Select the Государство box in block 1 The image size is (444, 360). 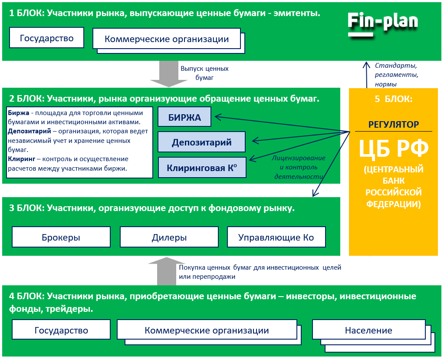click(x=46, y=38)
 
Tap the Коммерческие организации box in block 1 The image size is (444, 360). click(x=167, y=39)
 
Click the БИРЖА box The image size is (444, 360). click(x=184, y=117)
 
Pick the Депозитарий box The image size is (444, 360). click(x=201, y=142)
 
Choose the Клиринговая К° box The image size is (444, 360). click(x=201, y=167)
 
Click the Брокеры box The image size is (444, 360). click(x=61, y=237)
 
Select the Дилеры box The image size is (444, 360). click(x=169, y=237)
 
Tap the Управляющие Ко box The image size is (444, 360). click(x=276, y=237)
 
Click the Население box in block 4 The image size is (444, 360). click(x=368, y=330)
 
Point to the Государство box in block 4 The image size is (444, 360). click(x=61, y=330)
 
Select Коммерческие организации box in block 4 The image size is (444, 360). click(x=207, y=330)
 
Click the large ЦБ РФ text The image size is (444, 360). click(x=393, y=149)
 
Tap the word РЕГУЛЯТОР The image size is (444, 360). click(x=394, y=125)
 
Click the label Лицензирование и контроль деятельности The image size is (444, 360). click(x=299, y=167)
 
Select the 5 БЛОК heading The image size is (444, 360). click(x=393, y=99)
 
